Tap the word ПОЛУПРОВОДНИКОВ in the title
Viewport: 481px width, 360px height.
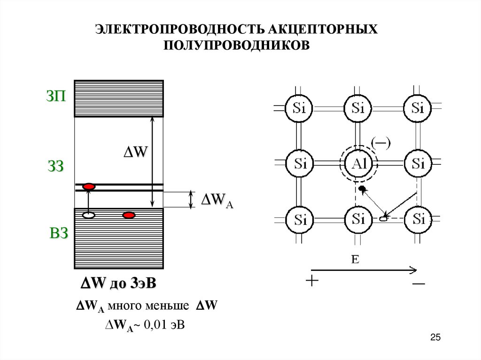pos(237,45)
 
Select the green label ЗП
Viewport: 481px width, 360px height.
pos(56,98)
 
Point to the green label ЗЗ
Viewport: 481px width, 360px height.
pos(55,166)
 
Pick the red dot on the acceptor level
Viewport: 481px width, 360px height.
pos(89,187)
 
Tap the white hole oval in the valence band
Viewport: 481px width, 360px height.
pos(89,215)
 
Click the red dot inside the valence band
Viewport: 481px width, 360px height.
pos(129,215)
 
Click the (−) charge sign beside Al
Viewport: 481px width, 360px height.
pos(381,142)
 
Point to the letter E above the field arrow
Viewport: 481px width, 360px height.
pos(355,260)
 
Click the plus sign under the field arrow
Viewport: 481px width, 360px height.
pos(311,281)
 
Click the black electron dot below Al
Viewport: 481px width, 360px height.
pos(361,188)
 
